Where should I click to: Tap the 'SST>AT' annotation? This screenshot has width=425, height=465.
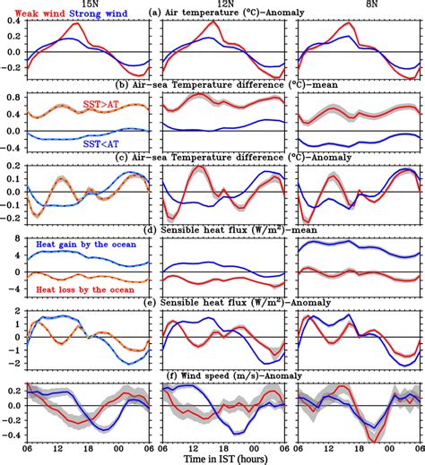point(108,105)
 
